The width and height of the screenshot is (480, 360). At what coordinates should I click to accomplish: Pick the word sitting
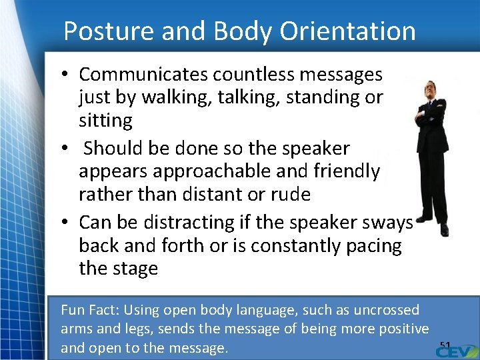coord(105,121)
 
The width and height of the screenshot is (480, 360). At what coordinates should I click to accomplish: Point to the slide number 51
coord(445,345)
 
